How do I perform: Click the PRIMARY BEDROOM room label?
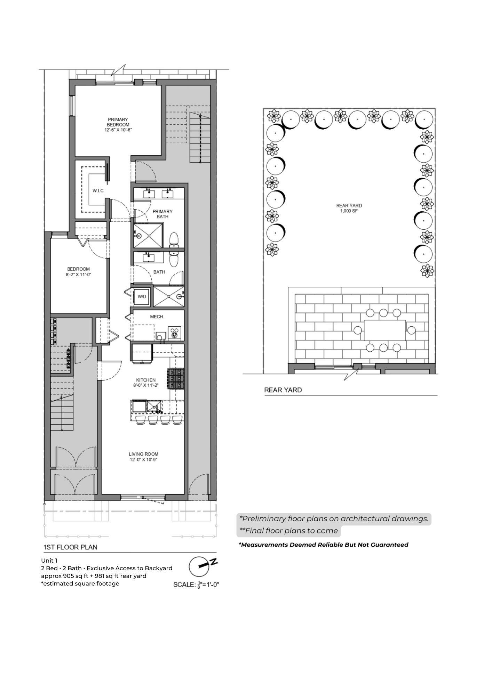coord(118,124)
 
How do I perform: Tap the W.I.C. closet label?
coord(98,191)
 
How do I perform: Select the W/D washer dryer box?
coord(142,296)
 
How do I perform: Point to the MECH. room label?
coord(157,317)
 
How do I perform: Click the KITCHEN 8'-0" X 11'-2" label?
coord(146,383)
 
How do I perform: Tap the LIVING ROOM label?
coord(143,457)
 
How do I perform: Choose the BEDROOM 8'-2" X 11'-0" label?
coord(78,271)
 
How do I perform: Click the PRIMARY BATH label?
coord(162,214)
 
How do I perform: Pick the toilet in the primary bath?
coord(174,240)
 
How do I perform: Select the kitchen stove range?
coord(175,378)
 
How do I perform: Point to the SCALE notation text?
coord(196,584)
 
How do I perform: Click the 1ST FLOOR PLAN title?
coord(70,547)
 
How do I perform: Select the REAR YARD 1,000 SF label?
coord(349,208)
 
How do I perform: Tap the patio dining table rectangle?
coord(385,330)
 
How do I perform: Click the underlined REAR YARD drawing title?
coord(283,390)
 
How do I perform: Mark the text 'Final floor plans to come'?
coord(292,531)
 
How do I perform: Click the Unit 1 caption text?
coord(49,561)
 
